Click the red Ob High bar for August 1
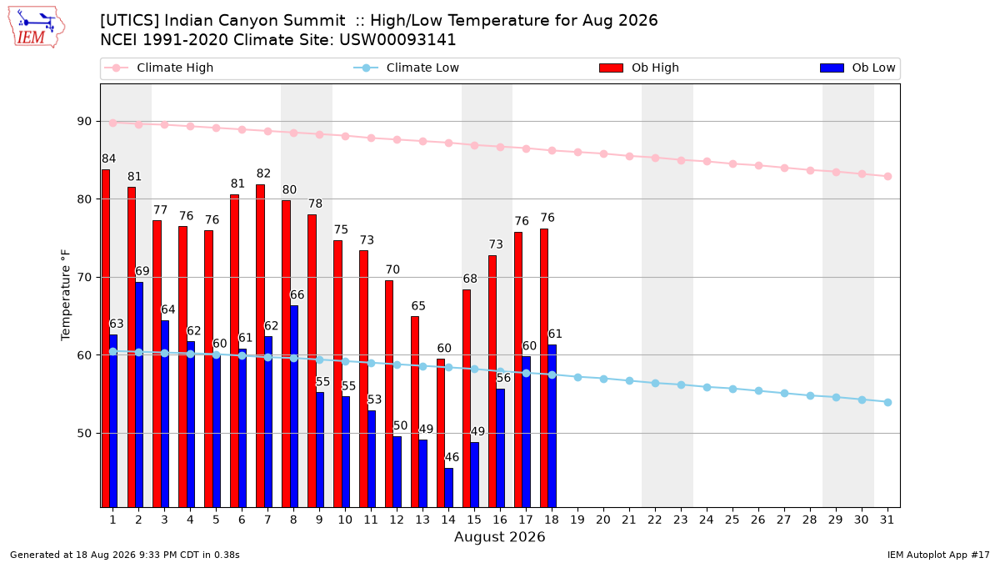point(106,339)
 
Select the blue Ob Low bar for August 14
point(448,487)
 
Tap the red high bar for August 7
point(260,346)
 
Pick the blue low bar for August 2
point(139,395)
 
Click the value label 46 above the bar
point(452,457)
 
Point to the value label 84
point(109,158)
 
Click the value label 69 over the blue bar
point(142,271)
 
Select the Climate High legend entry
point(158,68)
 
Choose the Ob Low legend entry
point(857,68)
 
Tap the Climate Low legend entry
point(406,68)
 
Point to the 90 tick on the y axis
point(84,122)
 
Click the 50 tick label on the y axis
point(84,434)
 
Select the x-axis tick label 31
point(887,520)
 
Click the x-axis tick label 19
point(577,520)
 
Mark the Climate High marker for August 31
point(887,177)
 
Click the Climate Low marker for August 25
point(732,390)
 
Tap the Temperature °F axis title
point(66,295)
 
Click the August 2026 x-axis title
point(499,536)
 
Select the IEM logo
point(36,27)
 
